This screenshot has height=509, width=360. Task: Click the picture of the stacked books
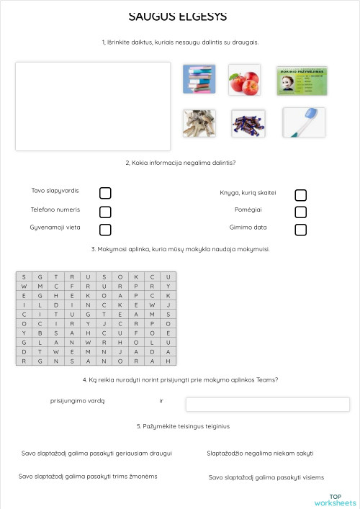(x=199, y=79)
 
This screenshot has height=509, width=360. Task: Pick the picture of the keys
(x=199, y=123)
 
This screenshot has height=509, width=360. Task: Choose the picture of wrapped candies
(x=248, y=123)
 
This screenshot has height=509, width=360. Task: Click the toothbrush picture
(x=303, y=122)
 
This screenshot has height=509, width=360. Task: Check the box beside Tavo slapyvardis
(x=105, y=193)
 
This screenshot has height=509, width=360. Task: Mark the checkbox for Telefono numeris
(x=105, y=212)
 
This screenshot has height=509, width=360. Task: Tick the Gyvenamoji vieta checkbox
(x=105, y=230)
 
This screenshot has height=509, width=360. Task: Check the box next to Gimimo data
(x=301, y=230)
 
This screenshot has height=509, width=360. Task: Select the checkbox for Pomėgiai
(x=301, y=212)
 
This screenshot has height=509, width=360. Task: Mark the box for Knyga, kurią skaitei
(x=301, y=195)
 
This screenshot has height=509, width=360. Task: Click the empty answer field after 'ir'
(x=277, y=404)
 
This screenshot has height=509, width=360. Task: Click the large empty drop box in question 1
(x=93, y=106)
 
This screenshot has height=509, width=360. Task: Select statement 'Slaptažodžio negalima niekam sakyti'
(x=260, y=454)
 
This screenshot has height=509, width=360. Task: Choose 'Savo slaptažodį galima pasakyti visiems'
(x=266, y=477)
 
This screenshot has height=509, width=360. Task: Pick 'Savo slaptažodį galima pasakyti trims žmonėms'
(x=88, y=477)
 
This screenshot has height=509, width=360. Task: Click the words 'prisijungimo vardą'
(x=78, y=401)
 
